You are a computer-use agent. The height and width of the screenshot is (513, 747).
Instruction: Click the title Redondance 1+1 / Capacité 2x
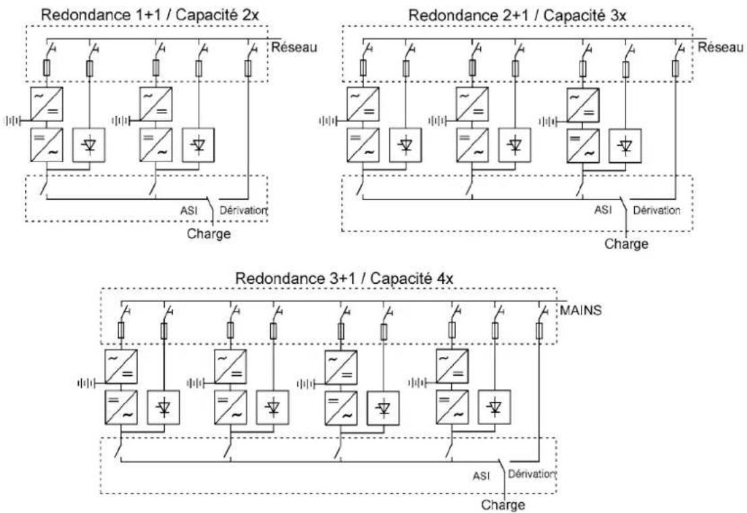[x=150, y=14]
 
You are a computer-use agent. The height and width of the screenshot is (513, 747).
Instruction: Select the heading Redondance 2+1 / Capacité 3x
[x=517, y=16]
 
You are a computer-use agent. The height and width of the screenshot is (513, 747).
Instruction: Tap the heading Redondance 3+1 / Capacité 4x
[x=344, y=278]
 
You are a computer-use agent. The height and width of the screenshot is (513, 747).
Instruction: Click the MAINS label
[x=580, y=310]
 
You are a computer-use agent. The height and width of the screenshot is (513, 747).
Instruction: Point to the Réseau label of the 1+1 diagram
[x=294, y=47]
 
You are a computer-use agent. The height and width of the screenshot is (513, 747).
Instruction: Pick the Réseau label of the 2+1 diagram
[x=720, y=47]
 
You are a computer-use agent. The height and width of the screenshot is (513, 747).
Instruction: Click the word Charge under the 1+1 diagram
[x=209, y=234]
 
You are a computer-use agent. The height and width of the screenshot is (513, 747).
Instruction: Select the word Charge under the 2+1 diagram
[x=626, y=244]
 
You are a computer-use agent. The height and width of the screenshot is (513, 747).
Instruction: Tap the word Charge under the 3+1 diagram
[x=503, y=505]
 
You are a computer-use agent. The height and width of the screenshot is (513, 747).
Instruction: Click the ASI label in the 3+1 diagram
[x=481, y=476]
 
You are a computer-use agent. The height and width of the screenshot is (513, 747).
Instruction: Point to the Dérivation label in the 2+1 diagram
[x=656, y=210]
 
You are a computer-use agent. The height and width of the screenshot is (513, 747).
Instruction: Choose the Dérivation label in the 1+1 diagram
[x=243, y=210]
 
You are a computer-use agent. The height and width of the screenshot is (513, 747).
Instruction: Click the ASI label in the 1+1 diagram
[x=188, y=210]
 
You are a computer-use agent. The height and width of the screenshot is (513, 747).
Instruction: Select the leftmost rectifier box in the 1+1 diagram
[x=47, y=104]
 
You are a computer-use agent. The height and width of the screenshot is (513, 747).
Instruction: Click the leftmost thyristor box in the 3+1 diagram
[x=163, y=407]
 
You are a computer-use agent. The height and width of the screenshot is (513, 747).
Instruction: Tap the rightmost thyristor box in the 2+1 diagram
[x=625, y=145]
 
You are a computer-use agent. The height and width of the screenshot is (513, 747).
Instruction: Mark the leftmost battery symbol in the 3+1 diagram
[x=86, y=383]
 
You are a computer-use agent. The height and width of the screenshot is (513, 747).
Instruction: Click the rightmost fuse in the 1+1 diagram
[x=248, y=68]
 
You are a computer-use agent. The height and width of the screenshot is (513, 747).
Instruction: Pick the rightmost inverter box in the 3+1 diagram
[x=452, y=407]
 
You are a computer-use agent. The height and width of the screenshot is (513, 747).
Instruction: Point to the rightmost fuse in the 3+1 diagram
[x=539, y=331]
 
